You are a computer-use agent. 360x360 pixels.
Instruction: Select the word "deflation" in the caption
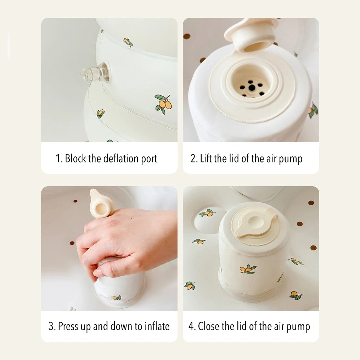click(x=121, y=159)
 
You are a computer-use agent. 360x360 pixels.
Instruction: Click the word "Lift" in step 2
click(x=206, y=159)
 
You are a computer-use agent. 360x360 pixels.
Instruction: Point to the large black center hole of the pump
click(x=252, y=87)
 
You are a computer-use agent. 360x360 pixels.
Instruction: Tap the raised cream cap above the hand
click(x=101, y=203)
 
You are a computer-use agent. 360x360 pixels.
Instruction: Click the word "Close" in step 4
click(x=209, y=326)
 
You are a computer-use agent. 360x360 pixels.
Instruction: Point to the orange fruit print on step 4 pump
click(x=248, y=269)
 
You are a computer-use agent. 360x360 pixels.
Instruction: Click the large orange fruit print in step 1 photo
click(x=163, y=104)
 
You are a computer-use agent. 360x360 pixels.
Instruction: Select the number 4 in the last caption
click(x=191, y=326)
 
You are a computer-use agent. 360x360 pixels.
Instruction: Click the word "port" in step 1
click(x=149, y=159)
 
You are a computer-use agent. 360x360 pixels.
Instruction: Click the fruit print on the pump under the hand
click(x=117, y=298)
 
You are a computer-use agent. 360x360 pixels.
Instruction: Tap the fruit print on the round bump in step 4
click(x=208, y=213)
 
